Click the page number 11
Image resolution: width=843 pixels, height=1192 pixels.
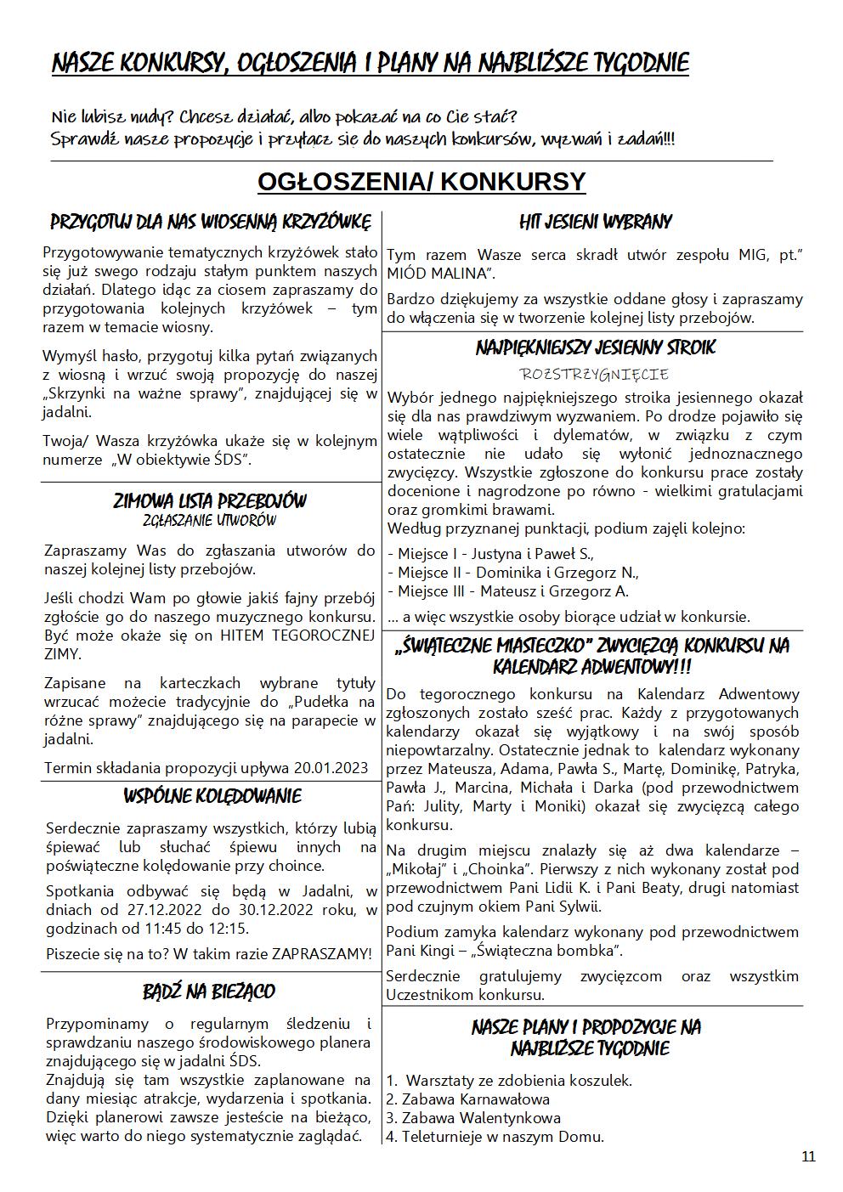pos(807,1156)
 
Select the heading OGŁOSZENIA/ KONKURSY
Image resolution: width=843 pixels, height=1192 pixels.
pos(421,182)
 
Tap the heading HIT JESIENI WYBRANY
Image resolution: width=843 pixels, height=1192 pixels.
pos(595,223)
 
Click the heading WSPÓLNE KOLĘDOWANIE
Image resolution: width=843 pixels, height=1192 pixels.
pos(212,797)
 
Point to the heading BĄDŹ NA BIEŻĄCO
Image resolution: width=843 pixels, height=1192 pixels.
pos(209,991)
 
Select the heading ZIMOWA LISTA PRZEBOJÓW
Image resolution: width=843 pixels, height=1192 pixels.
pos(210,501)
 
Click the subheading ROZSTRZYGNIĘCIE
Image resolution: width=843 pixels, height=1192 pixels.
pos(595,374)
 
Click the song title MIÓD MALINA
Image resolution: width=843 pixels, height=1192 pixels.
pos(438,274)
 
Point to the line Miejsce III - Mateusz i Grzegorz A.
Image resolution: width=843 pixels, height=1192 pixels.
pos(508,591)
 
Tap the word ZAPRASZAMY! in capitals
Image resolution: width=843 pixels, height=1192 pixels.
pos(321,954)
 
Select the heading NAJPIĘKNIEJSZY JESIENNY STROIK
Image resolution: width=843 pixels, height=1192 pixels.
pos(595,347)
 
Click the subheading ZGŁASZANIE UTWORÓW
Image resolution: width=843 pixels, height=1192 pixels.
pos(209,521)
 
